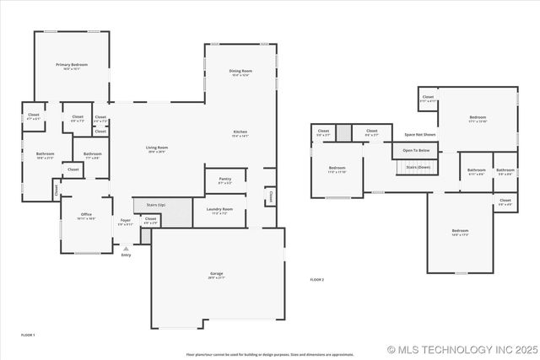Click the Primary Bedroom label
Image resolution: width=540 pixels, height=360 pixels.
click(x=72, y=65)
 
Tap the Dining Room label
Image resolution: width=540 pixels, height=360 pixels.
click(x=240, y=72)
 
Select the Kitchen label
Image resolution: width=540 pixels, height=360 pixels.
click(x=240, y=132)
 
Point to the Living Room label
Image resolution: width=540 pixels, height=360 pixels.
click(x=157, y=148)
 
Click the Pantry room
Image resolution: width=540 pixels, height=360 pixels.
click(x=224, y=180)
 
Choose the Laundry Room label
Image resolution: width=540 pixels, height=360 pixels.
click(x=222, y=209)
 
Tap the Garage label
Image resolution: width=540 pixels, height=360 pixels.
click(x=217, y=274)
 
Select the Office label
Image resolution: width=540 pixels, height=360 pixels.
click(x=87, y=215)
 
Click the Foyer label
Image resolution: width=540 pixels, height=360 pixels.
click(x=125, y=223)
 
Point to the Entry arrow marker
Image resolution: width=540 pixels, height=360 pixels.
click(x=126, y=250)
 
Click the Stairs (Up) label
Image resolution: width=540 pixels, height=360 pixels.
click(x=155, y=205)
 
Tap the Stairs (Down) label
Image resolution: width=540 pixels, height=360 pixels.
click(x=418, y=167)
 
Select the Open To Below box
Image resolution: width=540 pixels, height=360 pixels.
click(x=416, y=150)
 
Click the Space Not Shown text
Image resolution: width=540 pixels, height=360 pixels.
click(x=419, y=134)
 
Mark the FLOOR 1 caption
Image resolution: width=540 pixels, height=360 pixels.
click(x=28, y=335)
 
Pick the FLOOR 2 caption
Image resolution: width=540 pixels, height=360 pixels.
click(x=316, y=278)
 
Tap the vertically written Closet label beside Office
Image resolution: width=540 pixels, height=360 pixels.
click(x=57, y=191)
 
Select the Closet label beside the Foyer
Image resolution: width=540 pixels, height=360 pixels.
click(x=150, y=218)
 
